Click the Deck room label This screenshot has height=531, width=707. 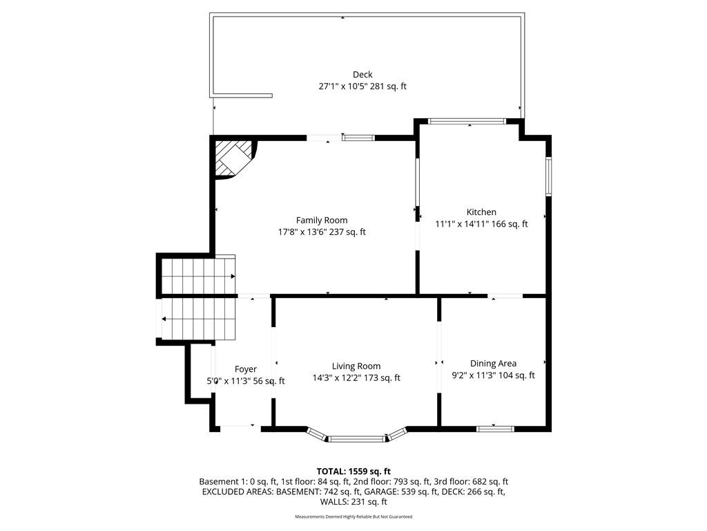(x=362, y=75)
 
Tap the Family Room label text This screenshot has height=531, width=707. (x=322, y=221)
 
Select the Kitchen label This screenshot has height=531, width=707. (x=481, y=212)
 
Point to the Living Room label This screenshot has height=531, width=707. (x=356, y=366)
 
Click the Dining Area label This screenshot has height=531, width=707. (x=493, y=364)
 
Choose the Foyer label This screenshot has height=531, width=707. (x=246, y=369)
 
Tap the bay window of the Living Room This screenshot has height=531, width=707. (x=357, y=436)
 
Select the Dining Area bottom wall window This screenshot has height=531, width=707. (x=496, y=429)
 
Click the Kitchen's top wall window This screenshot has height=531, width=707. (x=467, y=121)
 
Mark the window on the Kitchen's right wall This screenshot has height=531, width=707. (x=549, y=176)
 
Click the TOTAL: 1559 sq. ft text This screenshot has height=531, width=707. (x=353, y=472)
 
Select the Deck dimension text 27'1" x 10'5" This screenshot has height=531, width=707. (x=343, y=86)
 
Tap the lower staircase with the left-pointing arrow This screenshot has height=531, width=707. (x=199, y=319)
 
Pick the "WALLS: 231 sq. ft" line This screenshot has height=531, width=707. (x=353, y=502)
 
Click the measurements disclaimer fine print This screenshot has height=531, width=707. (x=353, y=516)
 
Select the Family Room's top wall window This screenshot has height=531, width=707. (x=358, y=138)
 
